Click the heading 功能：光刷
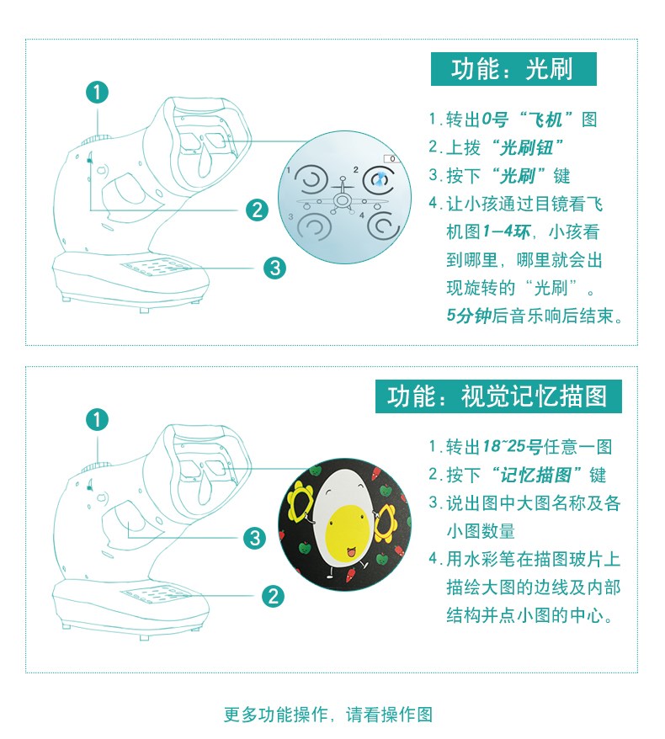(x=513, y=69)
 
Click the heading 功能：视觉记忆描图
(x=498, y=396)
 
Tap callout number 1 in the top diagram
(x=97, y=93)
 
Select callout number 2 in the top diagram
(x=257, y=210)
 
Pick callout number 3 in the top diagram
(x=274, y=268)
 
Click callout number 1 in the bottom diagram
(x=97, y=420)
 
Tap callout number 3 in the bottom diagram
(x=255, y=538)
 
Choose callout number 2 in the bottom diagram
(x=274, y=596)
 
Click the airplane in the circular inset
(x=343, y=198)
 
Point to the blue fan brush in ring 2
(x=380, y=179)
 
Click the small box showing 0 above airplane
(x=391, y=159)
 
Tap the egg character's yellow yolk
(x=347, y=527)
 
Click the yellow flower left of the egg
(x=301, y=504)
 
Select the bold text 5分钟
(x=469, y=316)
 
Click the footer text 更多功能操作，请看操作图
(x=328, y=714)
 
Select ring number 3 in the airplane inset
(x=312, y=227)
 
